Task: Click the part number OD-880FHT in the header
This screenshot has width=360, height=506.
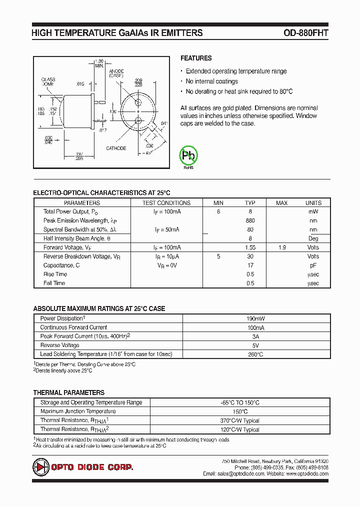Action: point(305,33)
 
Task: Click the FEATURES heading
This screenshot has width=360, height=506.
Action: point(196,58)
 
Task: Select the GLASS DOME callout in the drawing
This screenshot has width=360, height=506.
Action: point(48,82)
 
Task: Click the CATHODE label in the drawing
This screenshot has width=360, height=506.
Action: point(116,148)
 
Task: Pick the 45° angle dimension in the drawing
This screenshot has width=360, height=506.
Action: point(148,152)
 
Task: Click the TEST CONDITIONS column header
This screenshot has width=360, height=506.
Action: point(166,203)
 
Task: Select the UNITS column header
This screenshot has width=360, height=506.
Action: point(313,203)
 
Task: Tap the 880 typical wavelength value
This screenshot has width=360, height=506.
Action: point(250,220)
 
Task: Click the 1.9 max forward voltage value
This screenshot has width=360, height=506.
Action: point(282,247)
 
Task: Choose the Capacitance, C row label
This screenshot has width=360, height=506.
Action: point(61,265)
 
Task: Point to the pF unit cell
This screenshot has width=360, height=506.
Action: point(313,265)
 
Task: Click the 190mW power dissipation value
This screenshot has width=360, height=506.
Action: point(256,318)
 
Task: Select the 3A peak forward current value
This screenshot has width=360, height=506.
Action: point(256,336)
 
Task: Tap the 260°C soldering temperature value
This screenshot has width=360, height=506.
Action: point(256,354)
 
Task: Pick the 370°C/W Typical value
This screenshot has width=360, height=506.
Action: point(240,420)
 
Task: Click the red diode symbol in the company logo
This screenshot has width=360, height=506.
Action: point(39,467)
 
